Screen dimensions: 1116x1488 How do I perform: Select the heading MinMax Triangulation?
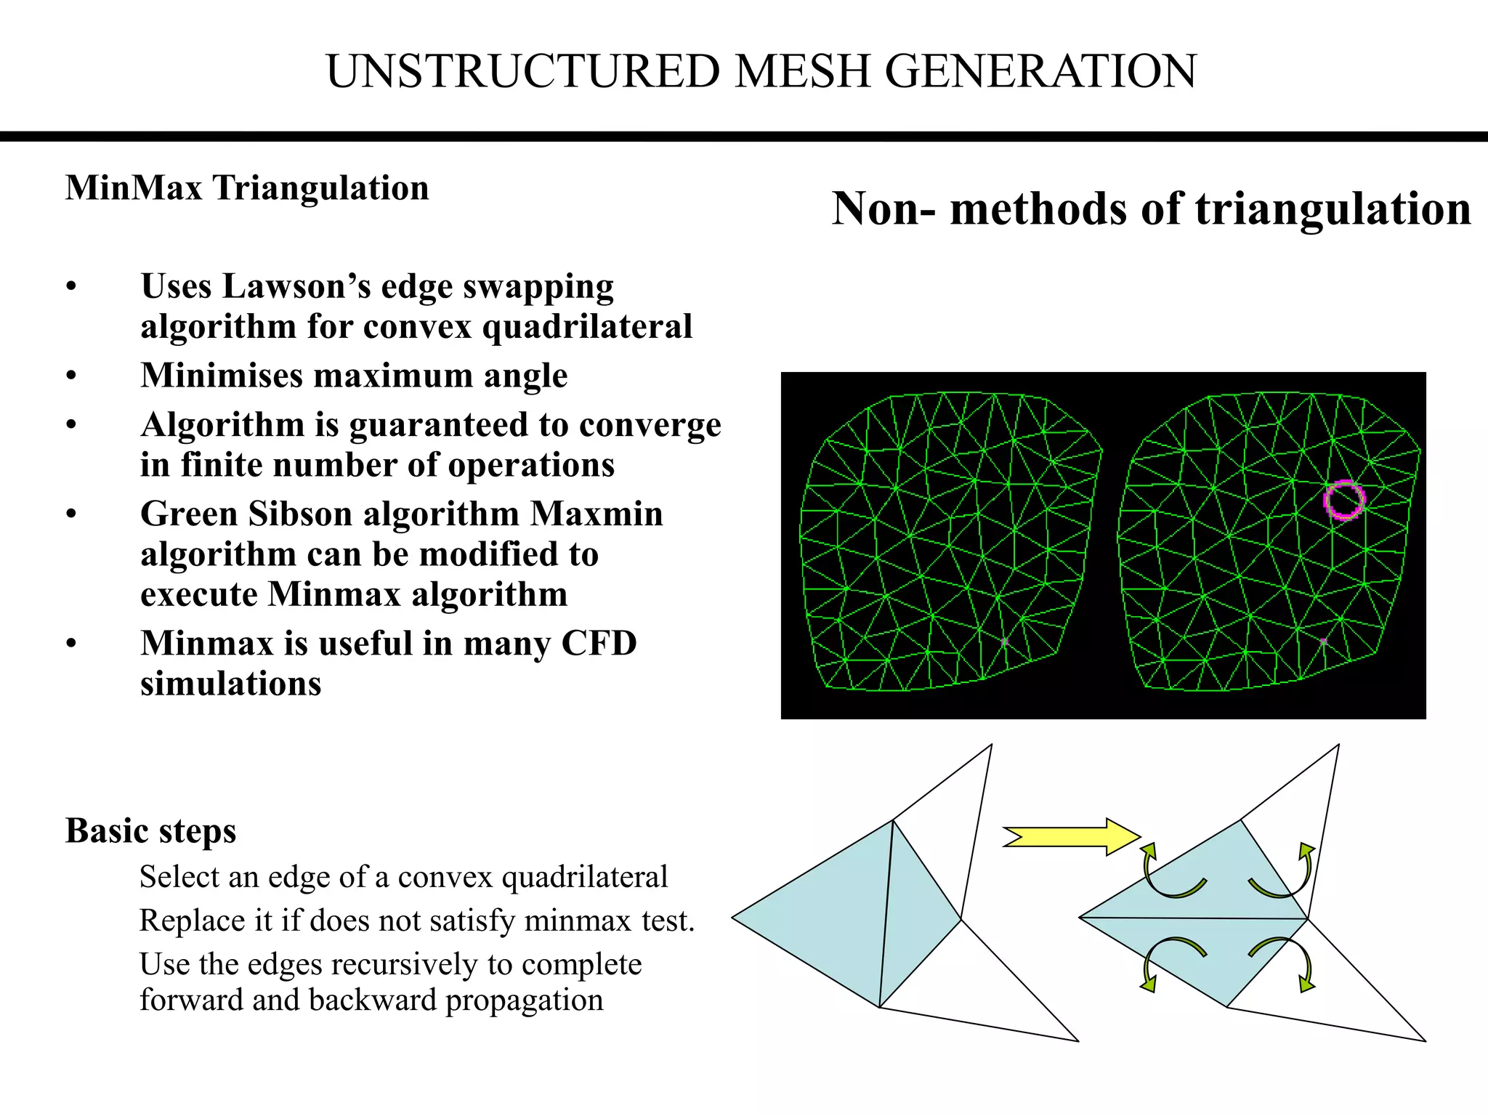(247, 188)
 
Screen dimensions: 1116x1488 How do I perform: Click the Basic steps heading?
(151, 830)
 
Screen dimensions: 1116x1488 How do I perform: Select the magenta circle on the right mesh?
(1343, 500)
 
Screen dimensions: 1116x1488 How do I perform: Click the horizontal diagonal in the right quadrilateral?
(1192, 918)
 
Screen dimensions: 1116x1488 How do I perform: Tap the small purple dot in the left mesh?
(1004, 642)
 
